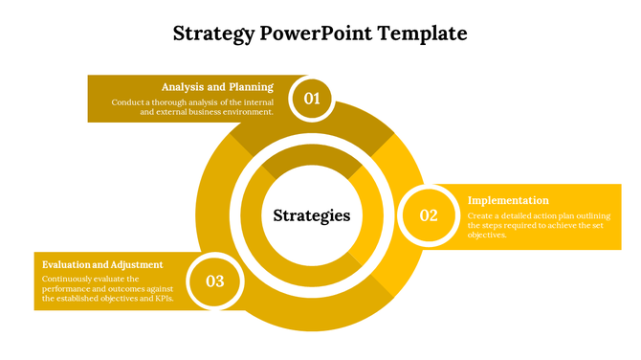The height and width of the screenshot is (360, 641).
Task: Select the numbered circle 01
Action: tap(312, 98)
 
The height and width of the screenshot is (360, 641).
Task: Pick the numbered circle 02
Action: tap(428, 215)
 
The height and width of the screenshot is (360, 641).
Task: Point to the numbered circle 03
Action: tap(215, 281)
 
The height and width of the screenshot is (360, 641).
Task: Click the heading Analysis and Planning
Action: tap(217, 87)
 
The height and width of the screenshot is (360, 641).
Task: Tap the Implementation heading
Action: tap(508, 200)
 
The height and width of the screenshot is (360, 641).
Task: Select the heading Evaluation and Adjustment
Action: tap(102, 264)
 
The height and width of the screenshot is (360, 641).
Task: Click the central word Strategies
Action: tap(312, 215)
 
